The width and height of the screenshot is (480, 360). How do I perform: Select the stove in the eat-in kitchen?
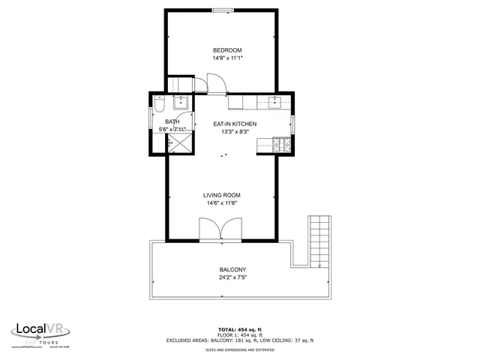[283, 143]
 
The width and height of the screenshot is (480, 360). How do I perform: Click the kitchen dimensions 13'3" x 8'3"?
[235, 131]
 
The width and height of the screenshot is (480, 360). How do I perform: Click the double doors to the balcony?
[220, 229]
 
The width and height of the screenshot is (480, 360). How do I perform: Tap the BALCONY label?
[232, 270]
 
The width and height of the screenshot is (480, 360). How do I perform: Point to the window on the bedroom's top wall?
[223, 10]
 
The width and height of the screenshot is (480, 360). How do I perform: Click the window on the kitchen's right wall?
[293, 124]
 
